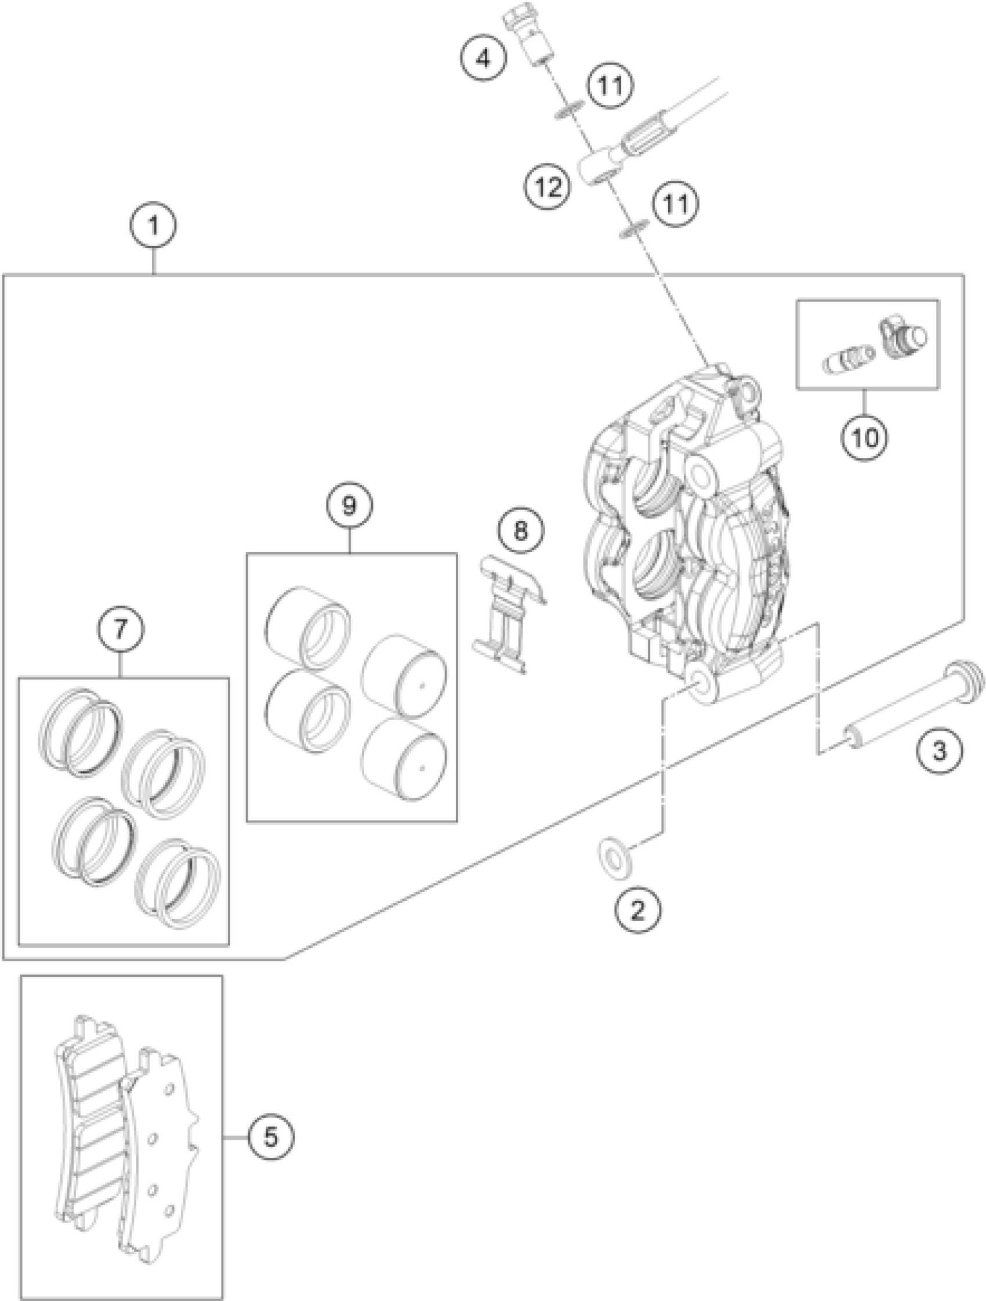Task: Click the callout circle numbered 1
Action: [x=154, y=225]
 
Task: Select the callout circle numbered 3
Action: [x=940, y=750]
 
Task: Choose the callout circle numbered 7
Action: [x=121, y=630]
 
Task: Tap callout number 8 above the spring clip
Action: [x=521, y=531]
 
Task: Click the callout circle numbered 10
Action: [x=865, y=437]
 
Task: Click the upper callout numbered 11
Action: [x=610, y=86]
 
